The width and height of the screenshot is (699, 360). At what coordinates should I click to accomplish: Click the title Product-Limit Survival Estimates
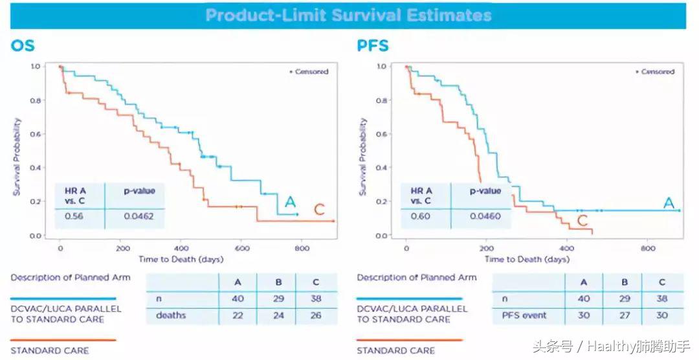coord(348,16)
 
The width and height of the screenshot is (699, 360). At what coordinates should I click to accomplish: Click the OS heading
coord(23,46)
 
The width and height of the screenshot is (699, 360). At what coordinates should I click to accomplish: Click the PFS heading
coord(372,46)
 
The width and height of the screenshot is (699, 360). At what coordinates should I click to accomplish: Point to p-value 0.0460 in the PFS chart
coord(485,217)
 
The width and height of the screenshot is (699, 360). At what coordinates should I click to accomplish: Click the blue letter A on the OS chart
coord(289,202)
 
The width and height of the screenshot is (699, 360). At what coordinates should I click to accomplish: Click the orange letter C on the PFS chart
coord(582,221)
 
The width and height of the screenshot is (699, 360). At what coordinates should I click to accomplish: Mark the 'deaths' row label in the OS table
coord(171,315)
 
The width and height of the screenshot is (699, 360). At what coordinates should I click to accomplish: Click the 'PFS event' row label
coord(525,315)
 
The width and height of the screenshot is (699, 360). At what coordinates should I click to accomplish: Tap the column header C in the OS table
coord(316,282)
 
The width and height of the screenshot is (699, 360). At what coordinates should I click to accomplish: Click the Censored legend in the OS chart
coord(309,71)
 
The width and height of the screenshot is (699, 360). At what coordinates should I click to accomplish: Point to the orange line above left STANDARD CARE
coord(63,339)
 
